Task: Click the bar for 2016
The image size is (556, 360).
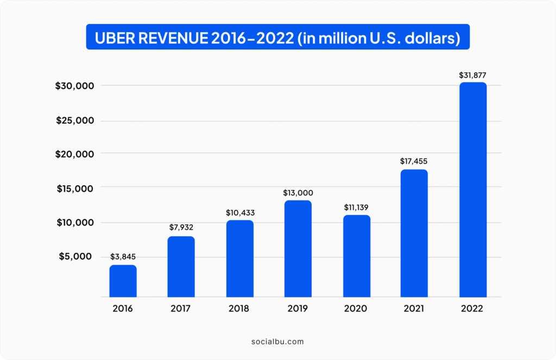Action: pos(123,281)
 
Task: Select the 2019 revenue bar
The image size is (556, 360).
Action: pos(298,249)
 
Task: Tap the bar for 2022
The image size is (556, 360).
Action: pos(473,190)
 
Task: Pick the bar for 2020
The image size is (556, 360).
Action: pos(357,256)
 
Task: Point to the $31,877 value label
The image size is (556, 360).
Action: pos(473,75)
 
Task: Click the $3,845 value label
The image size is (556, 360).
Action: pos(123,256)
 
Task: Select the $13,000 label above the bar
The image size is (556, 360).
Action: pos(298,193)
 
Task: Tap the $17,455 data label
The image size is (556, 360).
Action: pos(414,161)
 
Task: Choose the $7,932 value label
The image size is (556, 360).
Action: pos(181,228)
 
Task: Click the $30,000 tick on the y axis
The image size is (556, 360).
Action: pos(74,86)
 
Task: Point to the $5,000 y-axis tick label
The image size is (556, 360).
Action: pos(75,256)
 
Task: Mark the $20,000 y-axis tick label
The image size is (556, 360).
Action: pos(74,154)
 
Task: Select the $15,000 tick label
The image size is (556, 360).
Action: pos(75,188)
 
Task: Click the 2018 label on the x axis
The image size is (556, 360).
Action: pos(239,308)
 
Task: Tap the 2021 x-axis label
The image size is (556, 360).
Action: pos(414,308)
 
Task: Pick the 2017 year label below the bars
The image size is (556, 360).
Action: pos(180,308)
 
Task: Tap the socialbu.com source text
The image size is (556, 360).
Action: pos(277,342)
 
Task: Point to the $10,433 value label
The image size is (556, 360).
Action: pos(240,213)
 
